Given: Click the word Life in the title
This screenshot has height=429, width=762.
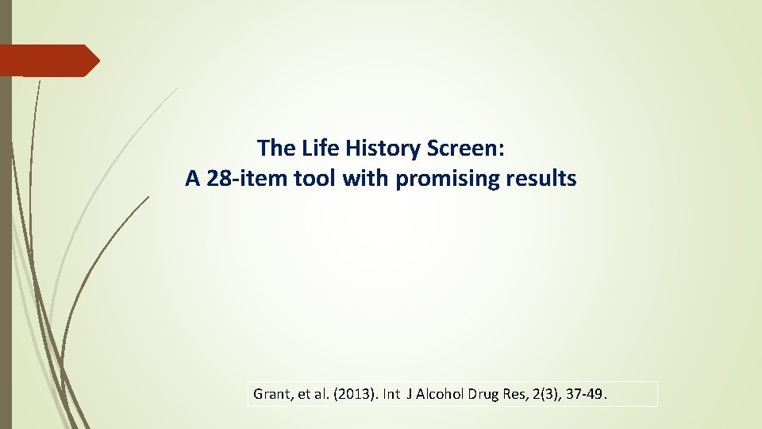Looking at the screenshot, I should pyautogui.click(x=317, y=148).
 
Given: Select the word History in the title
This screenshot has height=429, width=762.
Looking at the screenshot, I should pyautogui.click(x=379, y=148).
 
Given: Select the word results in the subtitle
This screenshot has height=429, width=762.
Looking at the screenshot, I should pyautogui.click(x=542, y=179).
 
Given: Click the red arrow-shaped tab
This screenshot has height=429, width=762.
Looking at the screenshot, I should pyautogui.click(x=48, y=60).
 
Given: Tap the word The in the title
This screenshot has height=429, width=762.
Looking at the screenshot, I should pyautogui.click(x=275, y=148).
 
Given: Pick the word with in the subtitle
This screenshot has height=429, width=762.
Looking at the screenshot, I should pyautogui.click(x=361, y=179).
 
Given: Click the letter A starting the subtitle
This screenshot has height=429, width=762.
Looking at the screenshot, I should pyautogui.click(x=192, y=179).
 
